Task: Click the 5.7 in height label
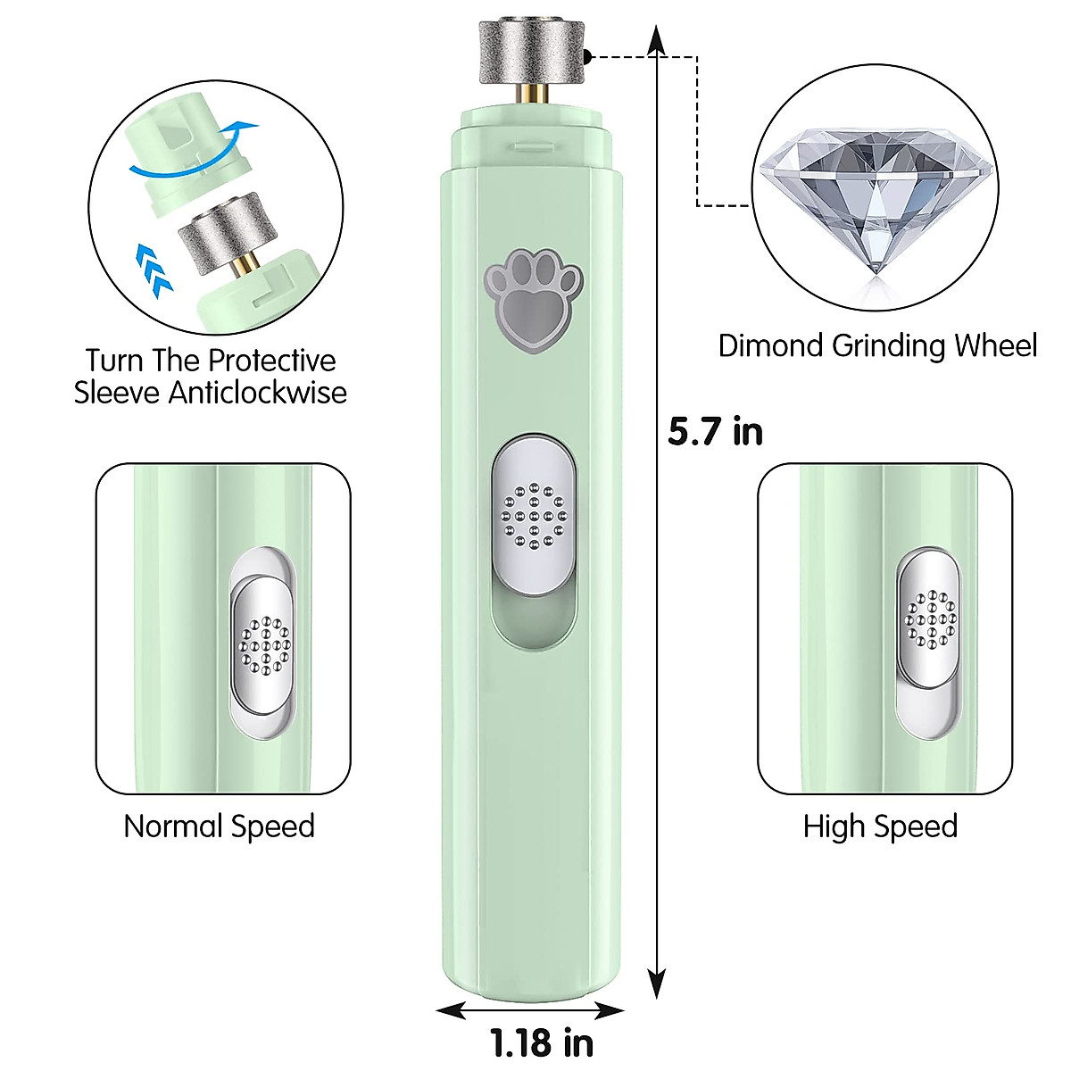click(x=715, y=432)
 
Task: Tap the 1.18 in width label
click(x=542, y=1042)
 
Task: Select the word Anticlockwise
click(x=258, y=393)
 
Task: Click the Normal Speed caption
click(x=219, y=826)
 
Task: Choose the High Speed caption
click(x=880, y=826)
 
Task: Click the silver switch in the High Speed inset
click(x=930, y=618)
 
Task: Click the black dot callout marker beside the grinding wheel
click(x=589, y=57)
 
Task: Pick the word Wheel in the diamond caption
click(x=995, y=346)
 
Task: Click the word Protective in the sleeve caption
click(x=271, y=361)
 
